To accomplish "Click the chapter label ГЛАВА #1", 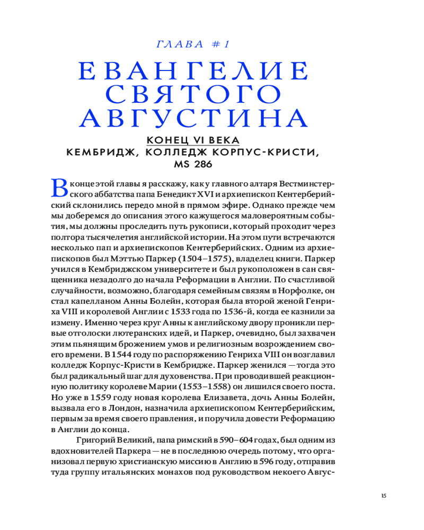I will point(192,45).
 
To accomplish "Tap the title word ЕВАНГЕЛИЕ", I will point(192,71).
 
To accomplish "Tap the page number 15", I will point(384,496).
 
